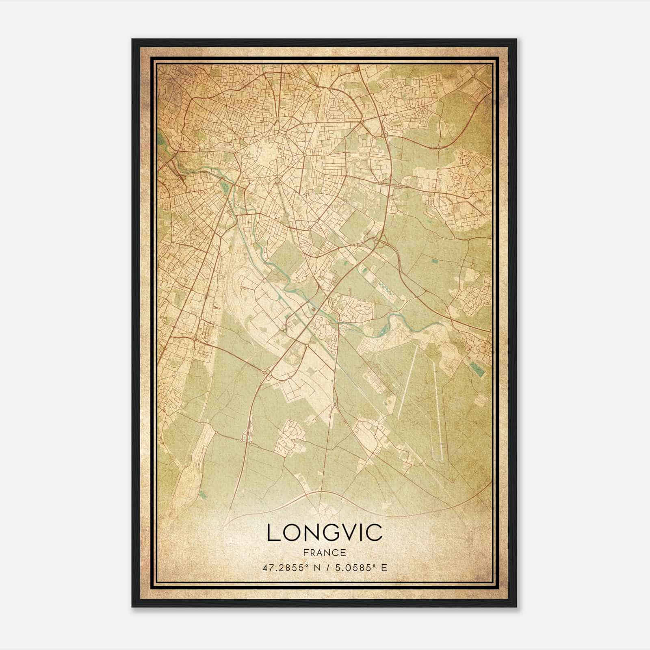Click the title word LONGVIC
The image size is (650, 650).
325,533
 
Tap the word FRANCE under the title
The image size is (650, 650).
324,552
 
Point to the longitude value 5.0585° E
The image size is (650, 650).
360,568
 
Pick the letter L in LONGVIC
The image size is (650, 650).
273,533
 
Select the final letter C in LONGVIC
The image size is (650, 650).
375,533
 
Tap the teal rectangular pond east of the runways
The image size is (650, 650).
477,368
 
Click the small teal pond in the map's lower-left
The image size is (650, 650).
203,494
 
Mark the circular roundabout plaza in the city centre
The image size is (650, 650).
277,180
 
